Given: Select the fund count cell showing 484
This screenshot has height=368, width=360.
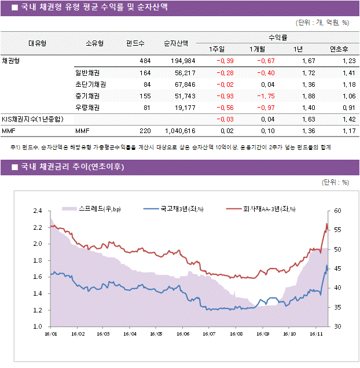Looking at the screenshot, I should (x=145, y=61).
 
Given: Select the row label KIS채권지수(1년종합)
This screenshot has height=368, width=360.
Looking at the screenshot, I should (x=32, y=119).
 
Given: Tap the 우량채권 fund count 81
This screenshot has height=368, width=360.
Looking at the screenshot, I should (x=146, y=108).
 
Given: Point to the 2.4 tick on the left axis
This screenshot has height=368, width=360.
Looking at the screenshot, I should (x=38, y=211).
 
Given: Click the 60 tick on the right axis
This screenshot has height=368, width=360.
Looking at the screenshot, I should (x=338, y=211).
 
